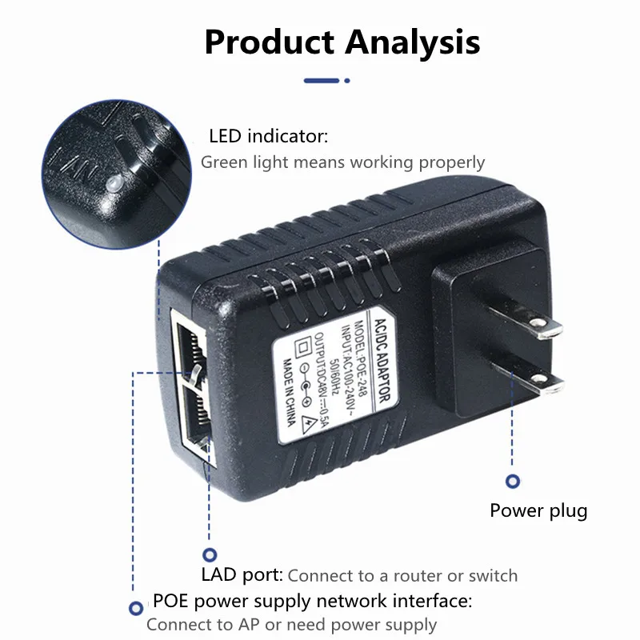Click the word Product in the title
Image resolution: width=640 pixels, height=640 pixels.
tap(269, 41)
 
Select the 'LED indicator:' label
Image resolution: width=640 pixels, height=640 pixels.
tap(268, 137)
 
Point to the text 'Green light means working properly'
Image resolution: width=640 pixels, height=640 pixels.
tap(342, 162)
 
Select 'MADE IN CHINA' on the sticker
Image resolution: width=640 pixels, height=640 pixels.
tap(289, 384)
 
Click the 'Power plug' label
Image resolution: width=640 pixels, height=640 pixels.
tap(538, 510)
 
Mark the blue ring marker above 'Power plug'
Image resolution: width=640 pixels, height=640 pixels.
tap(513, 481)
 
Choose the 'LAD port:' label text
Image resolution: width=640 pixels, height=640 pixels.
tap(242, 575)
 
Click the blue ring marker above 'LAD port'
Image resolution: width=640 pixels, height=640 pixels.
tap(210, 553)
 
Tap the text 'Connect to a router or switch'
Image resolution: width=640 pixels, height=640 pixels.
tap(402, 576)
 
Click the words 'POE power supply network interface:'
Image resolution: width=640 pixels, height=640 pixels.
tap(312, 601)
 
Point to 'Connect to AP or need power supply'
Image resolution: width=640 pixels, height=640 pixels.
tap(291, 625)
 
